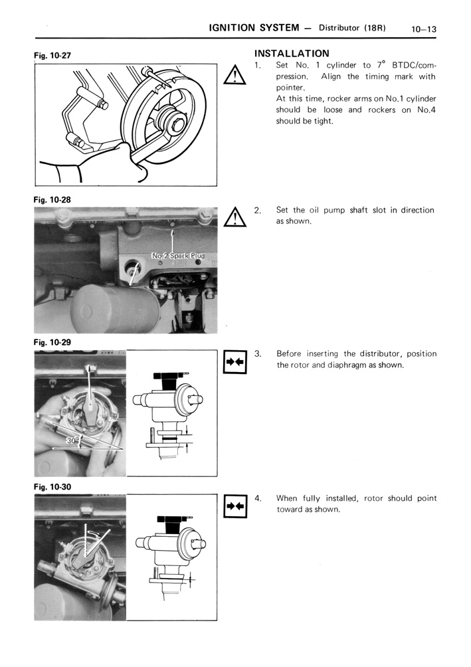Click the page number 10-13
pyautogui.click(x=423, y=29)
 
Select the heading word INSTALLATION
pyautogui.click(x=292, y=53)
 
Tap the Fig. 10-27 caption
pyautogui.click(x=52, y=56)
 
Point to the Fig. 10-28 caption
pyautogui.click(x=52, y=199)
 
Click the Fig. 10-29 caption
pyautogui.click(x=52, y=342)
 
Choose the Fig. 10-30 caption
pyautogui.click(x=52, y=486)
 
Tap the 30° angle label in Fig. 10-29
pyautogui.click(x=73, y=440)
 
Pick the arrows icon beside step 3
pyautogui.click(x=236, y=362)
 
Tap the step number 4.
pyautogui.click(x=257, y=498)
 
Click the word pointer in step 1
pyautogui.click(x=290, y=87)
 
